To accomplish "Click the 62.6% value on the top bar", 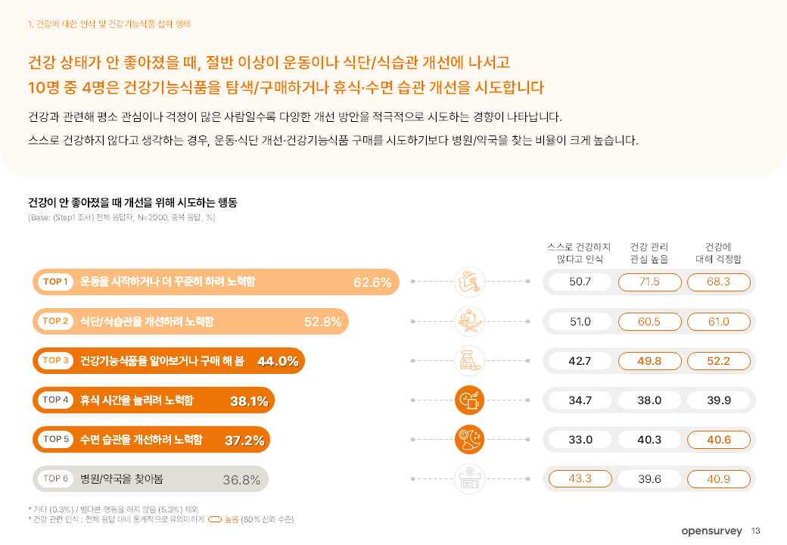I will point(372,282).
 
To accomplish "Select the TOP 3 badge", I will point(56,361).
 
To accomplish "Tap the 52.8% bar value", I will point(322,322).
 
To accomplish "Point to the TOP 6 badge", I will point(56,479).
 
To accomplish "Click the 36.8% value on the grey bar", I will point(241,479).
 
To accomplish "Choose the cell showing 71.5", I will point(649,282).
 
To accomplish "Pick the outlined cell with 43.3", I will point(580,479).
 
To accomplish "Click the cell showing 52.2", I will point(718,361).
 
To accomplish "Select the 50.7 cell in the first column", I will point(580,282).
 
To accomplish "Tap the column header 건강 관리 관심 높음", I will point(649,253).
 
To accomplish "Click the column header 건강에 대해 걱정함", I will point(718,253).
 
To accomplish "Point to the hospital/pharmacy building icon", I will point(469,479).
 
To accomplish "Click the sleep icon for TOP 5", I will point(469,440).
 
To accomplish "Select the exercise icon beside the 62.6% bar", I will point(469,282).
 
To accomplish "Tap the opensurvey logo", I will point(712,531).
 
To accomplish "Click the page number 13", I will point(756,531).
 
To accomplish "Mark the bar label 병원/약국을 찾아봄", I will point(117,479).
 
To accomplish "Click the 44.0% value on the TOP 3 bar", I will point(278,361).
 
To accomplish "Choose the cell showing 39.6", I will point(649,479).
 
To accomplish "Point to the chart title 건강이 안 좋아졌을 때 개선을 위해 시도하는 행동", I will point(132,203).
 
